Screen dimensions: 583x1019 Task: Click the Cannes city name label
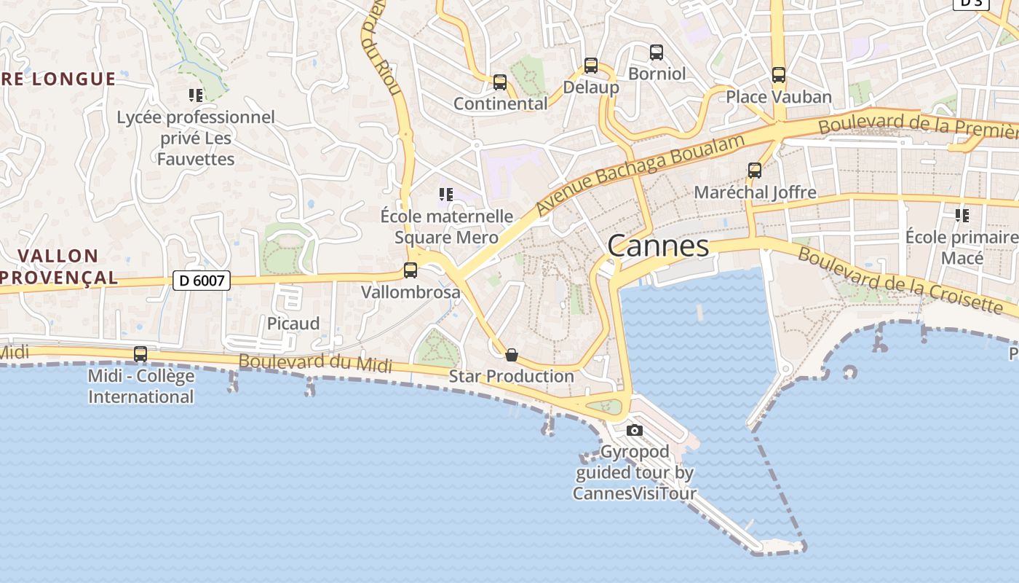(658, 246)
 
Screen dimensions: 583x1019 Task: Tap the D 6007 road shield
(202, 280)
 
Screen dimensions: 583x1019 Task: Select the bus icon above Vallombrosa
(411, 270)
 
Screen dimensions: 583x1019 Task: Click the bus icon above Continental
(499, 82)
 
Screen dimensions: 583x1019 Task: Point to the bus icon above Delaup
(591, 66)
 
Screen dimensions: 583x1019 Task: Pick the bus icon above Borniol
(657, 52)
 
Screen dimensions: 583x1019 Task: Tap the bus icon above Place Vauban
(779, 75)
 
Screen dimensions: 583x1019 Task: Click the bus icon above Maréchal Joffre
(755, 171)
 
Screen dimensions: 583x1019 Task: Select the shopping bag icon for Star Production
(512, 355)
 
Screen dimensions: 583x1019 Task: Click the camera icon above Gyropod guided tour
(635, 430)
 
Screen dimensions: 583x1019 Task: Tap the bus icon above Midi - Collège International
(140, 354)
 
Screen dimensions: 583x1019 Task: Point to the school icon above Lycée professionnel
(195, 95)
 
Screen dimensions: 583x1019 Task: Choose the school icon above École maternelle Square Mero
(446, 195)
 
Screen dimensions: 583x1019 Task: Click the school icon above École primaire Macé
(962, 215)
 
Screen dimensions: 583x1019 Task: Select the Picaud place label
(293, 324)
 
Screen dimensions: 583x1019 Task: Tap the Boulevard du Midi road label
(315, 363)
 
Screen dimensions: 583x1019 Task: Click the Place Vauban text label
(779, 97)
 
